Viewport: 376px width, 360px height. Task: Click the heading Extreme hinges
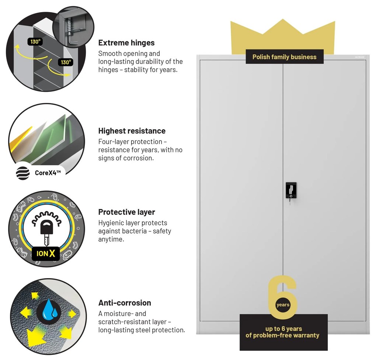[126, 43]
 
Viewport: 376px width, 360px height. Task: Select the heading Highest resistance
[132, 131]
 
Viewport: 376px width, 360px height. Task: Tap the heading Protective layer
[126, 212]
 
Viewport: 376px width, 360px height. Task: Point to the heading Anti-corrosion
[125, 303]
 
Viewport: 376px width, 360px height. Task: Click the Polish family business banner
[284, 57]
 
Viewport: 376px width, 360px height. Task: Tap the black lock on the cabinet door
[290, 190]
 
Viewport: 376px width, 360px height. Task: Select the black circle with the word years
[283, 305]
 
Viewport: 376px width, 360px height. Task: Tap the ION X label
[46, 254]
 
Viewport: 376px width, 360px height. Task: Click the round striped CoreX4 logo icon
[23, 173]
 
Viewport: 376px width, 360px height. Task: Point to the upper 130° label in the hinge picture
[35, 42]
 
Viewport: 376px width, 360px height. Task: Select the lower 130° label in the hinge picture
[66, 62]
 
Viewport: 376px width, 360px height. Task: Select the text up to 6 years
[283, 329]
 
